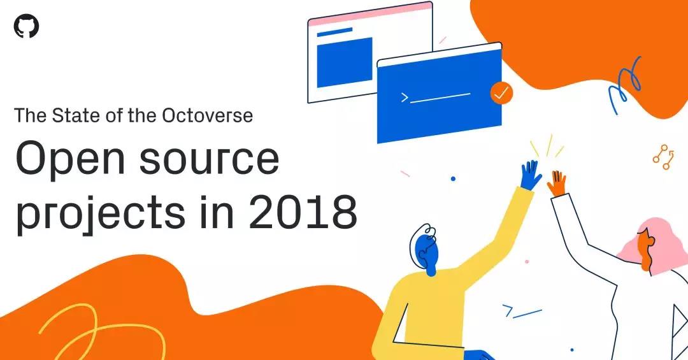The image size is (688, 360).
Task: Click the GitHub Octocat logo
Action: point(26,26)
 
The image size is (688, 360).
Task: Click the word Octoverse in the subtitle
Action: point(208,115)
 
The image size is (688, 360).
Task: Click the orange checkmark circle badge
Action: point(501,93)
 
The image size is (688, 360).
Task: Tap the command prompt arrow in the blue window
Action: point(404,97)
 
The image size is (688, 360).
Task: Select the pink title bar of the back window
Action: point(369,12)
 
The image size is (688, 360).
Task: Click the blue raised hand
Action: point(530,175)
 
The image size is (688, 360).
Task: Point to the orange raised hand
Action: point(557,183)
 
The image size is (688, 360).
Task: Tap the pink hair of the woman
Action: point(656,239)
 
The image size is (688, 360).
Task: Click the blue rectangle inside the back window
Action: point(344,62)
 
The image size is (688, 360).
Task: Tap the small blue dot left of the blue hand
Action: point(453,179)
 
